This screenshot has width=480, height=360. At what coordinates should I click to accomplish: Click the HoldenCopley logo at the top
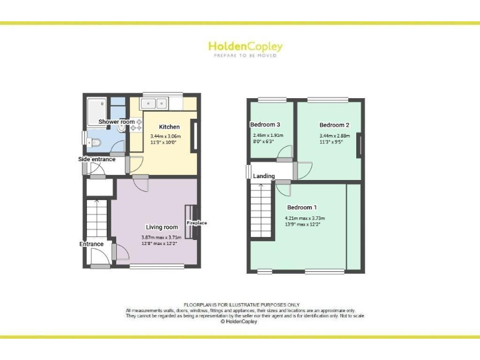[245, 46]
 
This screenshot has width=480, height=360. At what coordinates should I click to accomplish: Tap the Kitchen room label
[169, 127]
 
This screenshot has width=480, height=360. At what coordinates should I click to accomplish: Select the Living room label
[162, 227]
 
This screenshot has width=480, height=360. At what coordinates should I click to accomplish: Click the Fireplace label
[196, 223]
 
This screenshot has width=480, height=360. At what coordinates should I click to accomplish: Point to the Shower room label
[116, 121]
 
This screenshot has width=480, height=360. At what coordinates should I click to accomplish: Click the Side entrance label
[97, 159]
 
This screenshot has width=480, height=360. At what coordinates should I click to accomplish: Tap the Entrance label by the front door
[91, 244]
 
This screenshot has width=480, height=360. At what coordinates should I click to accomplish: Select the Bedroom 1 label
[302, 207]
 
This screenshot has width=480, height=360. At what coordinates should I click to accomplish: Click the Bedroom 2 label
[334, 125]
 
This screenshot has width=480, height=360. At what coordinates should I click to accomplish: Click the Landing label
[264, 176]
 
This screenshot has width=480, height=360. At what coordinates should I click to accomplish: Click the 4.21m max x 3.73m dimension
[306, 218]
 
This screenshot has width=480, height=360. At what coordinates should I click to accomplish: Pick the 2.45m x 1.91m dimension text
[267, 136]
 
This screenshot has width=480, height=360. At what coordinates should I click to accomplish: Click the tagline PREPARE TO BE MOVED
[245, 56]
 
